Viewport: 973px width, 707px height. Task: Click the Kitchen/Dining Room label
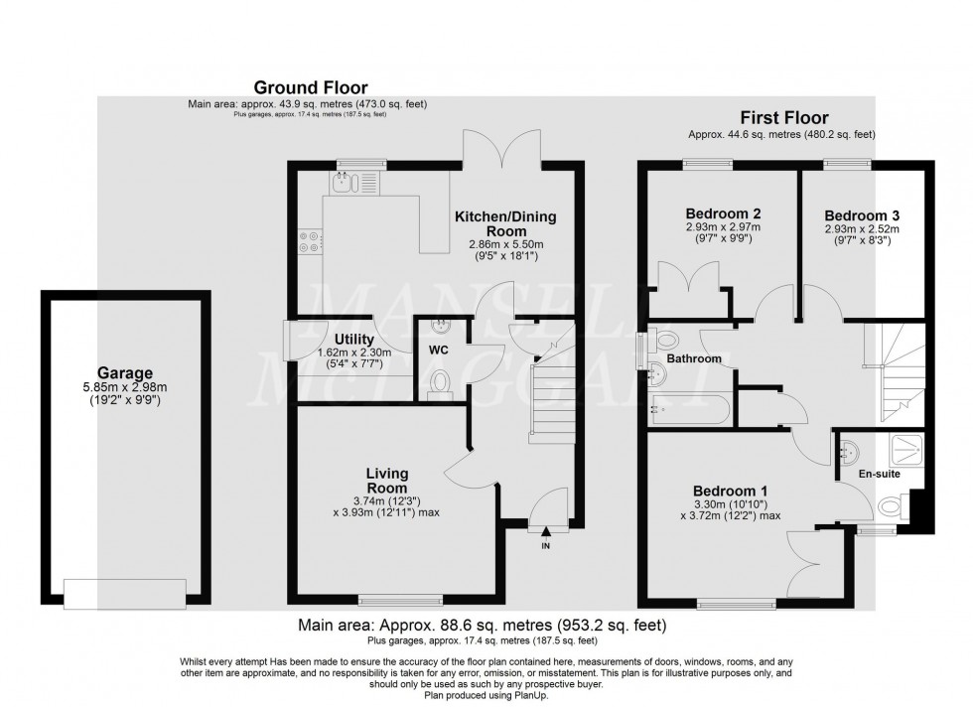point(505,223)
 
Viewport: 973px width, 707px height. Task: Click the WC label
point(440,351)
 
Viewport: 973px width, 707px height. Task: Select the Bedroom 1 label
point(730,491)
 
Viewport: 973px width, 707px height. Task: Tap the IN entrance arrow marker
point(545,535)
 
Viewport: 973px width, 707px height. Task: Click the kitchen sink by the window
point(344,181)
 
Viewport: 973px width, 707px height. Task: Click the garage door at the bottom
point(124,593)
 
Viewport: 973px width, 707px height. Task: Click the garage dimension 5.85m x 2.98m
point(124,385)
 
